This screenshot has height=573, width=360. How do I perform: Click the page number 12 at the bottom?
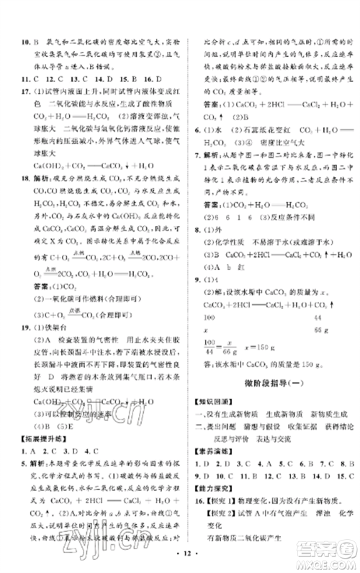coord(180,561)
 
